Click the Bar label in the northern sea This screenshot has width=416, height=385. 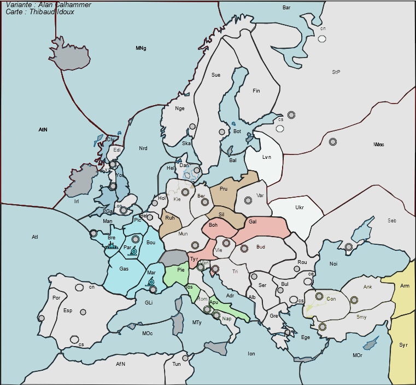pos(286,8)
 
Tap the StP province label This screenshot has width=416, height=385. pos(336,72)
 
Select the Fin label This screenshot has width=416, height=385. pos(256,91)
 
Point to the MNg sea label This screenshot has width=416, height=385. pos(141,49)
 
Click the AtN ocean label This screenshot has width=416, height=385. pos(43,130)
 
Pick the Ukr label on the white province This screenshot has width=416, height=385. pos(300,208)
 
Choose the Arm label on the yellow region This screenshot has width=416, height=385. pos(405,286)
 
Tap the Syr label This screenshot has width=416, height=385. pos(403,345)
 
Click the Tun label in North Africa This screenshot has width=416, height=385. pos(177,364)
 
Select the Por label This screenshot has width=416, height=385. pos(56,298)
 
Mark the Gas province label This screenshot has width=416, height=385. pos(124,269)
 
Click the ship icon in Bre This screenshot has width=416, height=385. pos(112,246)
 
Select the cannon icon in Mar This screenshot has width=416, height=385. pos(151,281)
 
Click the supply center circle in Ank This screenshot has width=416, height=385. pos(354,300)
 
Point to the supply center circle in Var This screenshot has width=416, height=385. pos(248,200)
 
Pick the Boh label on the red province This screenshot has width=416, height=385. pos(213,225)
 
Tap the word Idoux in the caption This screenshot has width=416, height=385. pos(62,12)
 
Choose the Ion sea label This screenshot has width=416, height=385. pos(251,354)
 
